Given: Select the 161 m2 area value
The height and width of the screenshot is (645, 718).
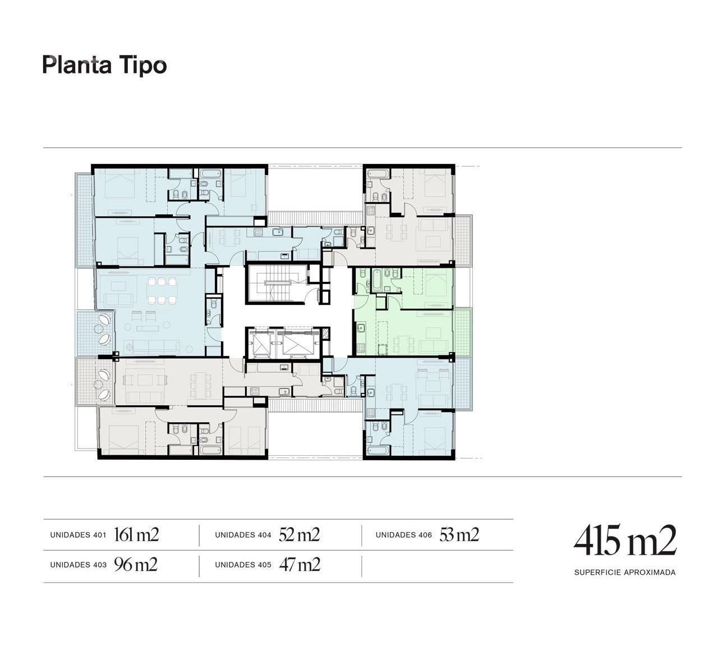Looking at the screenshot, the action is click(x=136, y=534).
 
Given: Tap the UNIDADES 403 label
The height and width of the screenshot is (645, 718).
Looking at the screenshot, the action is click(x=79, y=565).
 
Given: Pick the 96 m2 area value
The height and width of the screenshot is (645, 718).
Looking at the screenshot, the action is click(x=136, y=565).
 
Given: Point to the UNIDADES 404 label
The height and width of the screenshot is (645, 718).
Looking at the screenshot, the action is click(x=243, y=535).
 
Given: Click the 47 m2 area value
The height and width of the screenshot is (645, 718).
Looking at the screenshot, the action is click(x=300, y=565).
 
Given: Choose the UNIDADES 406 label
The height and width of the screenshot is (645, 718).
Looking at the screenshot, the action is click(x=404, y=535).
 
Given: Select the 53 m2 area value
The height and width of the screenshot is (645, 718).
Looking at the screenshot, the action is click(x=459, y=534).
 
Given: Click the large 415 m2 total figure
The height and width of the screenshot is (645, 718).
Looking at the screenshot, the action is click(x=625, y=540).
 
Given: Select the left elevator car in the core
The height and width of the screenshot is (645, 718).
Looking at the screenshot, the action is click(x=260, y=343).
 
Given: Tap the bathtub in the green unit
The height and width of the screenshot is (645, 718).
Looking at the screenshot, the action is click(x=377, y=280).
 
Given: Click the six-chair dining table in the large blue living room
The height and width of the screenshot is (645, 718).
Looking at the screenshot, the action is click(x=162, y=291).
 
